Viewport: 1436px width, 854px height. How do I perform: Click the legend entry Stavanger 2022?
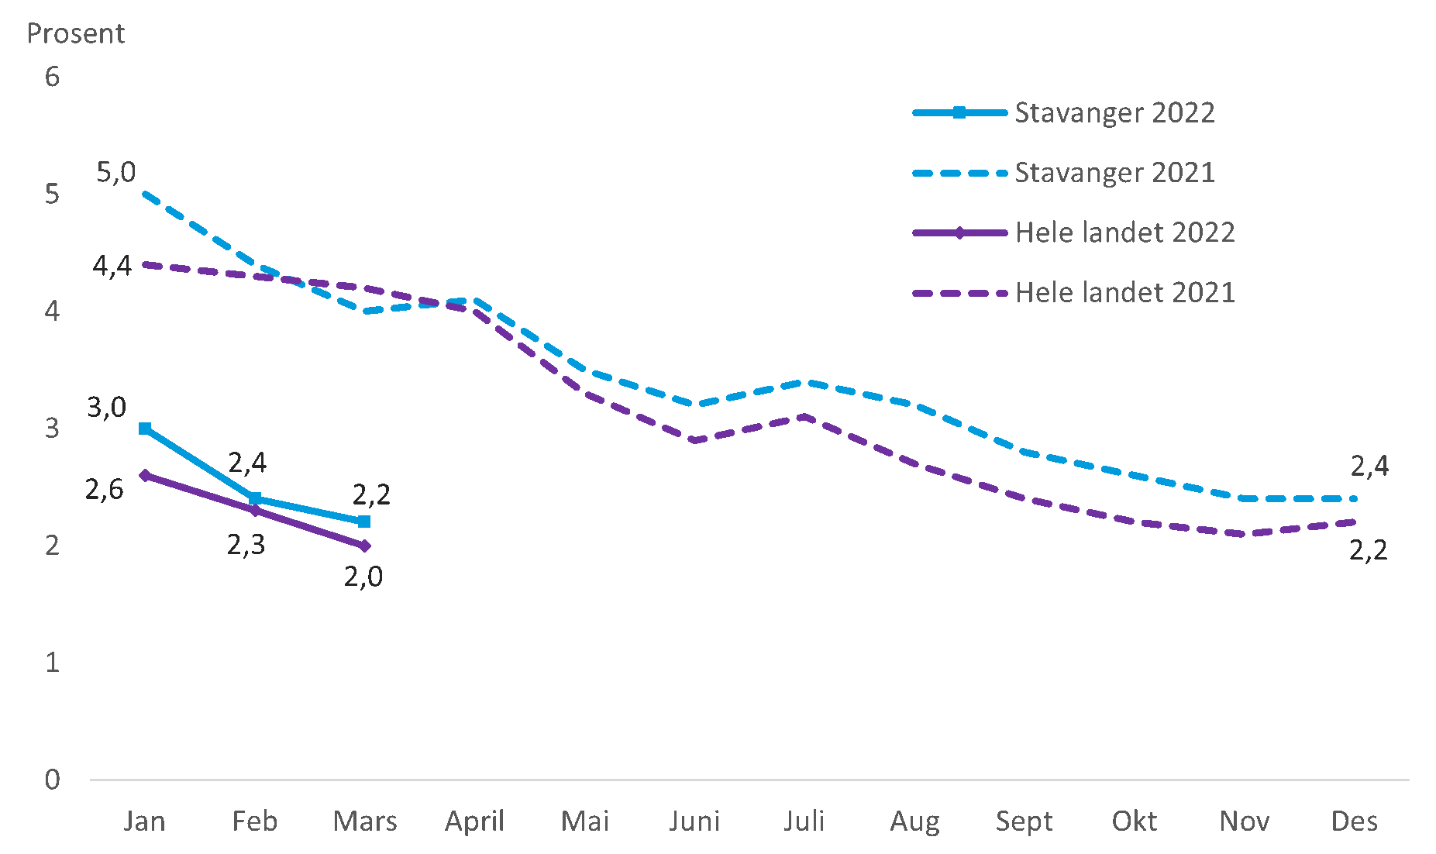(x=1114, y=113)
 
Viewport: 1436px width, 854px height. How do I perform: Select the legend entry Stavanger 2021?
(x=1114, y=173)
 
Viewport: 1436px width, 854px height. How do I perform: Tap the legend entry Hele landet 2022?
(x=1124, y=232)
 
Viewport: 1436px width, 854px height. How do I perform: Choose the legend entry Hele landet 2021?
(x=1124, y=293)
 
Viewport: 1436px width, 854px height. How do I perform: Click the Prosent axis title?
(x=76, y=33)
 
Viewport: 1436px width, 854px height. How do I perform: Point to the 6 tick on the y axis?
(x=52, y=77)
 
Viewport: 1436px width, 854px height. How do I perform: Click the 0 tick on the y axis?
(x=52, y=780)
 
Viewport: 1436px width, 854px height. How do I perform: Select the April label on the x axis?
(x=474, y=821)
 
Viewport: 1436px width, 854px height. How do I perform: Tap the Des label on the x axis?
(x=1354, y=821)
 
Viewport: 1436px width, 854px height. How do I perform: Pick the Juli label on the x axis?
(x=804, y=821)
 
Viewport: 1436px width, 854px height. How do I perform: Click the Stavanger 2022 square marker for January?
(x=145, y=429)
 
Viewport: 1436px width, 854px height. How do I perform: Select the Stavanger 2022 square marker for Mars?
(x=364, y=522)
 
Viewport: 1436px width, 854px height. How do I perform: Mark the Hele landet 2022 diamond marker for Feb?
(x=255, y=511)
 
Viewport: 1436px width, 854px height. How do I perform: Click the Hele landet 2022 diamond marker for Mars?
(x=364, y=546)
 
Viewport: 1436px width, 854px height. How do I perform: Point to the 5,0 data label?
(x=115, y=172)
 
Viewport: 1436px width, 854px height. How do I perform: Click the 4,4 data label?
(x=112, y=267)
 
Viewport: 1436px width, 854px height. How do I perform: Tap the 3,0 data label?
(x=106, y=407)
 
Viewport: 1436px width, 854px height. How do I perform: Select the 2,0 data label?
(x=363, y=577)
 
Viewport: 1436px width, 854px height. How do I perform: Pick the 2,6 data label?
(x=104, y=489)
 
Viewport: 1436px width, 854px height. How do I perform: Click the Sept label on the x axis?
(x=1024, y=821)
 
